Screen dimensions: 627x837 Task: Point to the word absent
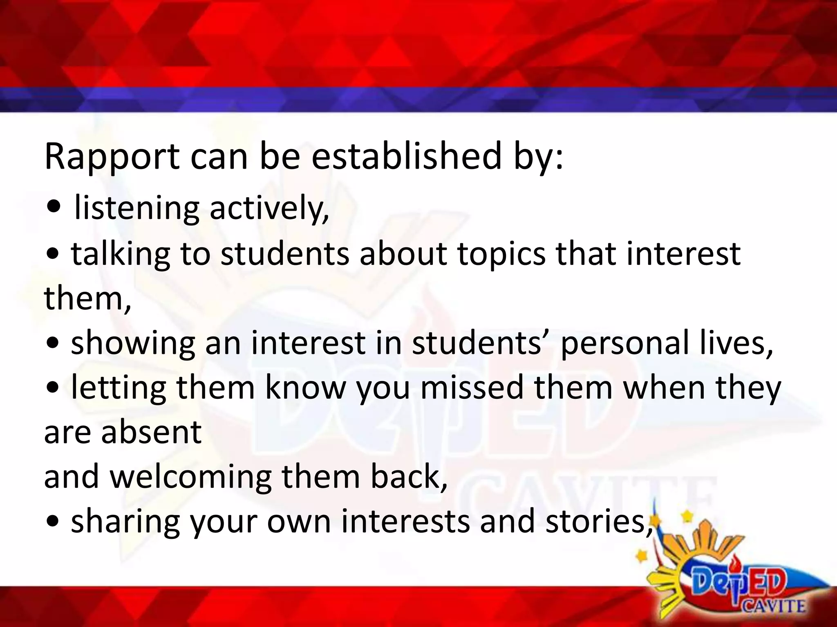click(151, 432)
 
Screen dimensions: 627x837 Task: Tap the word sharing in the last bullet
click(125, 522)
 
